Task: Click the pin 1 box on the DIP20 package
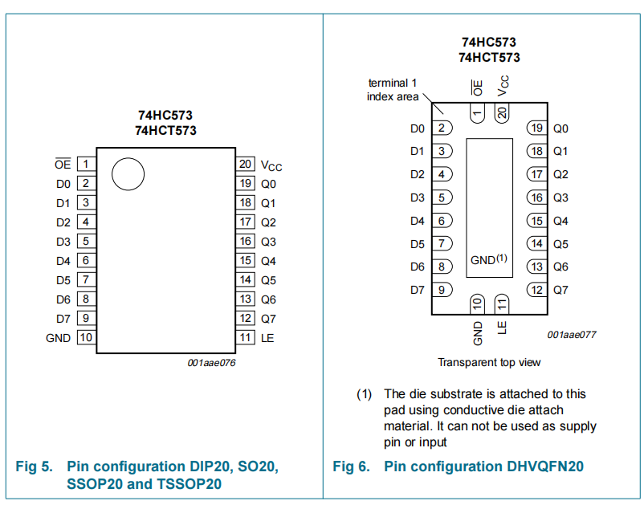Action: coord(85,165)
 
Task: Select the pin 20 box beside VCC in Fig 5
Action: coord(247,165)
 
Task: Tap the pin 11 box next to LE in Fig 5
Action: coord(247,338)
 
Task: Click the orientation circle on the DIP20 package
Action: coord(128,173)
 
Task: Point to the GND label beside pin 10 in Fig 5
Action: coord(58,338)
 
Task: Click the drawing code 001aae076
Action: coord(211,362)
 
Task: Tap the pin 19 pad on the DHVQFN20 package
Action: coord(536,128)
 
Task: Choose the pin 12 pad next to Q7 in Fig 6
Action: coord(536,290)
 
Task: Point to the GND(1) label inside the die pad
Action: coord(489,260)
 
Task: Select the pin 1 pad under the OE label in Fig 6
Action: coord(478,113)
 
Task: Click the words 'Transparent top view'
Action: coord(489,362)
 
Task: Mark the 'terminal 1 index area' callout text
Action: coord(393,89)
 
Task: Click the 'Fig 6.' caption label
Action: coord(351,466)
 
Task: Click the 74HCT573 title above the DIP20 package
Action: coord(165,130)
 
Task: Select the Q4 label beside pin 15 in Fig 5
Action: coord(268,261)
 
